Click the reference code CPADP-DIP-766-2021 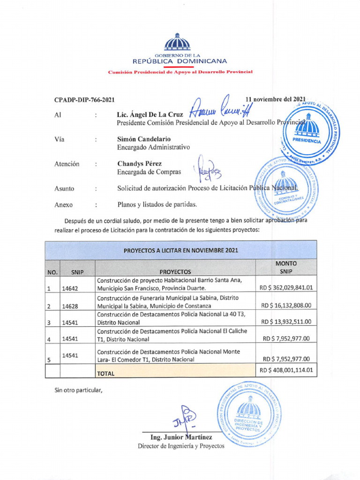click(84, 100)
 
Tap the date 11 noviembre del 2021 click(276, 99)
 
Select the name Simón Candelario click(144, 139)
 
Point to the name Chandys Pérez click(140, 164)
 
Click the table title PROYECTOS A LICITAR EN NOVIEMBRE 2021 click(180, 250)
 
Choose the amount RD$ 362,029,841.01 click(286, 287)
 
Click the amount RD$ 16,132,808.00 click(286, 305)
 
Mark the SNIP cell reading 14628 click(70, 306)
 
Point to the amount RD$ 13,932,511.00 click(286, 322)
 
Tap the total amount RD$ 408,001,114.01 click(286, 370)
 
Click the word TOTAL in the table click(105, 374)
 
